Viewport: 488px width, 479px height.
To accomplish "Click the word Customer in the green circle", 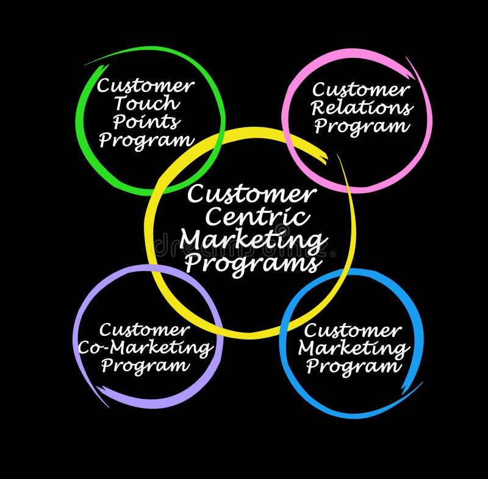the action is [146, 86].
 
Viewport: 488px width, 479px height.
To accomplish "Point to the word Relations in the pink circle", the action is [361, 108].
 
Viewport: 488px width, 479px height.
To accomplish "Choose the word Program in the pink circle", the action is [361, 127].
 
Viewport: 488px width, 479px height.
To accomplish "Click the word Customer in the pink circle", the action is [361, 90].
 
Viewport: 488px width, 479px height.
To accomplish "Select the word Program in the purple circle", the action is [146, 366].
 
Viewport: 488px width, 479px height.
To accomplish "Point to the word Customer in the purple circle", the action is [145, 330].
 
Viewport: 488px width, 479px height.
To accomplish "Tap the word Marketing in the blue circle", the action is [354, 349].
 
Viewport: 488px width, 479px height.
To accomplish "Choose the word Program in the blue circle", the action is [354, 367].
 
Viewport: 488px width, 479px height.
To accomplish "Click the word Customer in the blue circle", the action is [353, 331].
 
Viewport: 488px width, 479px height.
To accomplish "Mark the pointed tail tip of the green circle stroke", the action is [85, 65].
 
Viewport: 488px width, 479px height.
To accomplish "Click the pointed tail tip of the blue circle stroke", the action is [422, 382].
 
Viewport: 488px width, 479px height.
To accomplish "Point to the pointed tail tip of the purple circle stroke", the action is [109, 406].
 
